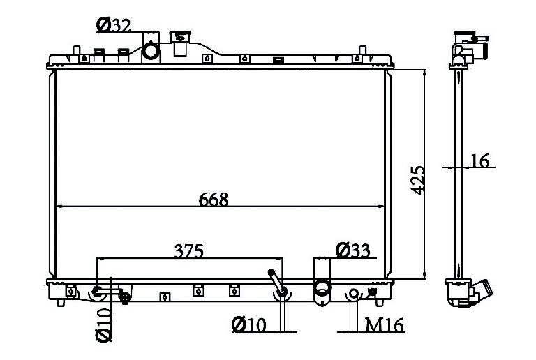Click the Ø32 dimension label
114,25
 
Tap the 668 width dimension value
214,200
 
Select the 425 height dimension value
418,181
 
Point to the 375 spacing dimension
188,251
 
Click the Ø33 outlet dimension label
352,250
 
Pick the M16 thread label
385,325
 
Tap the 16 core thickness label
480,161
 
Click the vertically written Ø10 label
104,325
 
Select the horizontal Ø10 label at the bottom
248,325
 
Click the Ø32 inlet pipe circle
151,50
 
